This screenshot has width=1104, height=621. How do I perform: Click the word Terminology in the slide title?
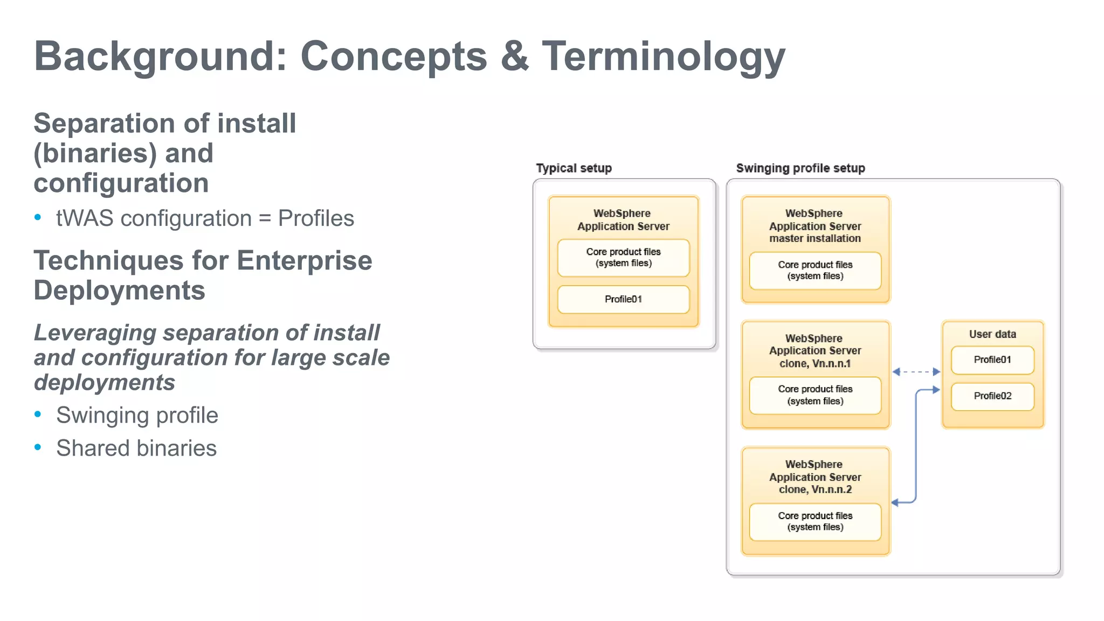663,56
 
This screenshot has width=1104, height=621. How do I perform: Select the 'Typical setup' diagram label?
574,168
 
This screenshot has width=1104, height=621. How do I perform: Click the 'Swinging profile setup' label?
800,168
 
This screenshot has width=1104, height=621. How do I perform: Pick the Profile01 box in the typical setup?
623,299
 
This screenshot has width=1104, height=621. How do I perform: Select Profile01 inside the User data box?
992,360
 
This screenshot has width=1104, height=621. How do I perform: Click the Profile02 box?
992,396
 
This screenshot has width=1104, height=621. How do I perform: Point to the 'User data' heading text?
992,334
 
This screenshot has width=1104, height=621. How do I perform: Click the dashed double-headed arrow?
916,372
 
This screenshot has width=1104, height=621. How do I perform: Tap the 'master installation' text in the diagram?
815,238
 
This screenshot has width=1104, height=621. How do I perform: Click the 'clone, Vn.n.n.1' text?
815,363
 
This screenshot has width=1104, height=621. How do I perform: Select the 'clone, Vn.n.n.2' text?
815,489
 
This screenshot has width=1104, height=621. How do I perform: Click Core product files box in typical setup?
623,258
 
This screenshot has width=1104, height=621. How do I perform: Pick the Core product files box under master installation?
815,271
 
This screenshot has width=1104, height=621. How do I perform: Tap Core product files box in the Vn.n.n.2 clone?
815,521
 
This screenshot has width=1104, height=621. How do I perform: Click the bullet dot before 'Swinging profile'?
38,415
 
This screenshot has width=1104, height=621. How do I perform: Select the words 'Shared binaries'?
136,448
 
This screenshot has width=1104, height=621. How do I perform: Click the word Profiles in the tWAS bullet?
316,218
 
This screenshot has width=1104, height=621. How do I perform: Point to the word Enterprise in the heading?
304,261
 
